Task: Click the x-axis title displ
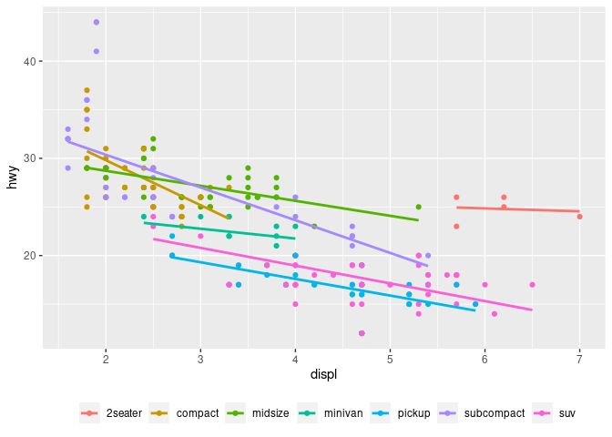(x=323, y=375)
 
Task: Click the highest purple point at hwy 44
(x=97, y=22)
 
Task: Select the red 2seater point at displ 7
(x=579, y=217)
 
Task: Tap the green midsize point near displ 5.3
(x=418, y=207)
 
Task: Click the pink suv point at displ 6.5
(x=532, y=285)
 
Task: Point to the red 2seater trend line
(x=519, y=209)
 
